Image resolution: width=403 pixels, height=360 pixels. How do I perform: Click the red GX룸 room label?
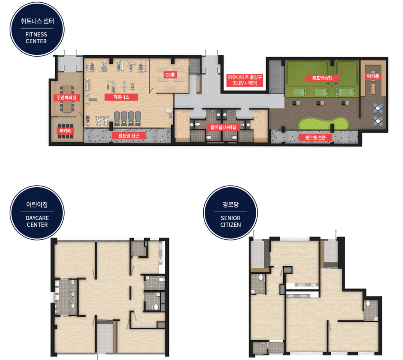[x=170, y=75]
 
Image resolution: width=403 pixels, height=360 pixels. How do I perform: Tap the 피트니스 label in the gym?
[x=122, y=97]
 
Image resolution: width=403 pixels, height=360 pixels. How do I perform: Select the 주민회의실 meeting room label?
[x=66, y=98]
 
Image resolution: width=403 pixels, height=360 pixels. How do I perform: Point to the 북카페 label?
[x=65, y=131]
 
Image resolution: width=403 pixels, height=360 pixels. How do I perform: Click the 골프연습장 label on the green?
[x=322, y=78]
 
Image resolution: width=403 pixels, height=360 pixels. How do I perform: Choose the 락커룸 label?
[x=373, y=76]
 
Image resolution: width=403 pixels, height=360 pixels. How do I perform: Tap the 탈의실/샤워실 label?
[x=223, y=127]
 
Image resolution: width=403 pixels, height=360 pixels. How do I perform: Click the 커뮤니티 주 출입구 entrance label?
[x=245, y=80]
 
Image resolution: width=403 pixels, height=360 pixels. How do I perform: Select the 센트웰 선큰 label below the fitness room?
[x=128, y=136]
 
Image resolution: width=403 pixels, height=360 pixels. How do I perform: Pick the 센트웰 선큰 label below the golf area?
[x=315, y=138]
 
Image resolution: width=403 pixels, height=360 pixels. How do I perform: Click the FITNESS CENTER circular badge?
[x=37, y=29]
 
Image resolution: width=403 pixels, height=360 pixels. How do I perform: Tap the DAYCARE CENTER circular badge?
[x=37, y=213]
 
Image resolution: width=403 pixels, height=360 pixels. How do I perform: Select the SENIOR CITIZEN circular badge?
[x=231, y=213]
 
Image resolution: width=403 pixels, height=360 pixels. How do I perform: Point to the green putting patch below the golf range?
[x=323, y=123]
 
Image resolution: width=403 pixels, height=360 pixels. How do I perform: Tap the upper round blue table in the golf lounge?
[x=378, y=108]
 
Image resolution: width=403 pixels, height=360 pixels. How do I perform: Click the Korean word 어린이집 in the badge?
[x=37, y=204]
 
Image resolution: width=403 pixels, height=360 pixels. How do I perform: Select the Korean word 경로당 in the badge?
[x=231, y=204]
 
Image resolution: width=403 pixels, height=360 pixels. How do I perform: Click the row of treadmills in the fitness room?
[x=128, y=118]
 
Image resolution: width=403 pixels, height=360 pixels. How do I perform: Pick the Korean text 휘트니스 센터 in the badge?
[x=37, y=21]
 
